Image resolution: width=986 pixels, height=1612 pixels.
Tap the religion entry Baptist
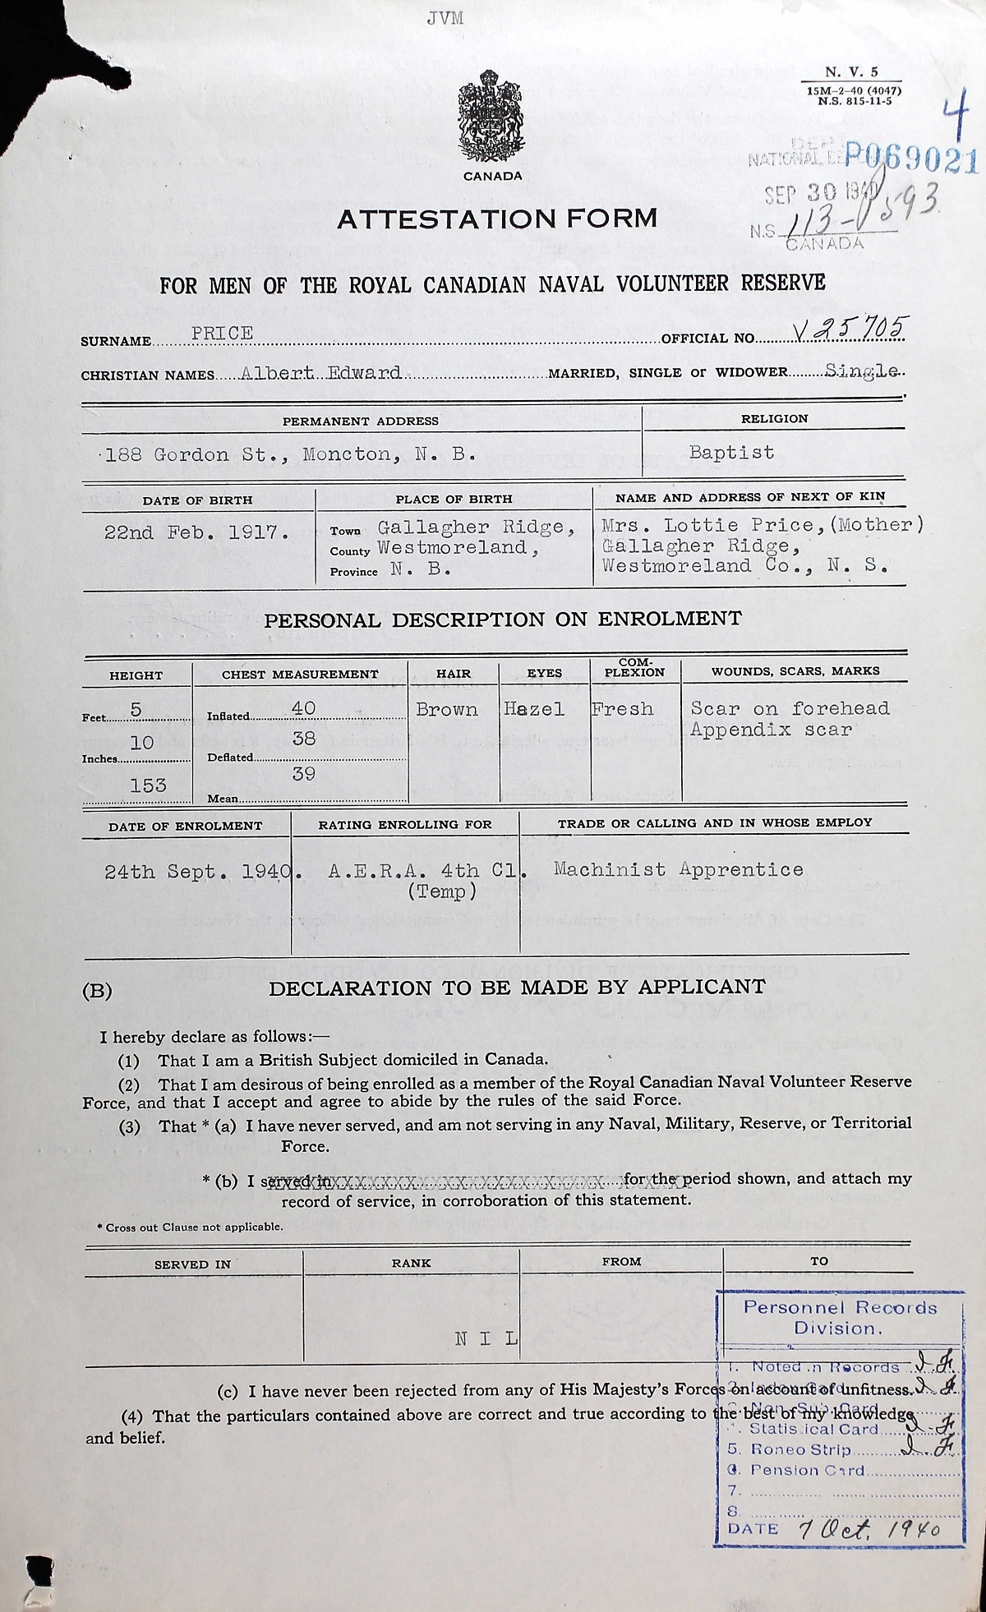tap(731, 452)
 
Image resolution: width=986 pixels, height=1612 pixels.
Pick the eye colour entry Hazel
tap(534, 709)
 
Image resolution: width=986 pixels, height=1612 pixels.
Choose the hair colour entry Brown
tap(447, 709)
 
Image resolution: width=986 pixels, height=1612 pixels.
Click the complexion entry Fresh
tap(622, 709)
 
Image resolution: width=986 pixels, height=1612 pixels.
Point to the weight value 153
tap(148, 785)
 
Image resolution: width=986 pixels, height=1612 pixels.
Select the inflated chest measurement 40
tap(303, 708)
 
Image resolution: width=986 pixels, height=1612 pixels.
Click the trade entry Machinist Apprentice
tap(678, 868)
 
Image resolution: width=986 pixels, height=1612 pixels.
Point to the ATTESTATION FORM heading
tap(497, 218)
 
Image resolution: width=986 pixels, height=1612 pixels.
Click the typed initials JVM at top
tap(445, 18)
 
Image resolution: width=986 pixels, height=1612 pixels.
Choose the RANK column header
tap(411, 1263)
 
